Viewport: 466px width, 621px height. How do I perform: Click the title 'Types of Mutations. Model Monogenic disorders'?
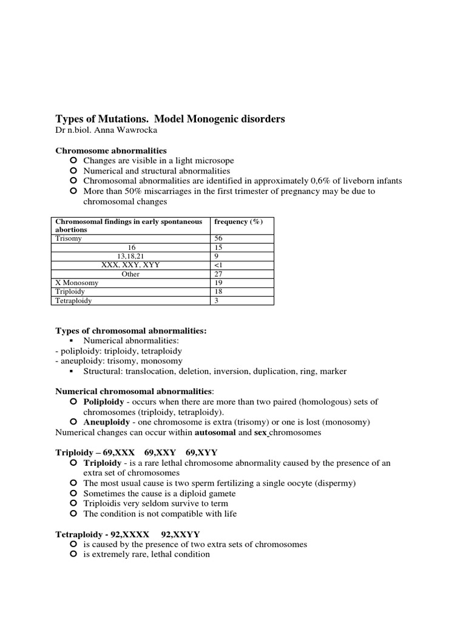point(170,119)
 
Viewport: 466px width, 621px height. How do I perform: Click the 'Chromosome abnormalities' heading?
point(111,150)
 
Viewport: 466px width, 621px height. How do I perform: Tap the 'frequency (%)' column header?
point(238,222)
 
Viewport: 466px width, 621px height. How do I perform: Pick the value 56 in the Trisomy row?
point(220,239)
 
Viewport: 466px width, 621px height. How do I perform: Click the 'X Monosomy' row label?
point(76,283)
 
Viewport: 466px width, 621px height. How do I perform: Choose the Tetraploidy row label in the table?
point(74,300)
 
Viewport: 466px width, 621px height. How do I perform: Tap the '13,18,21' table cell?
point(130,257)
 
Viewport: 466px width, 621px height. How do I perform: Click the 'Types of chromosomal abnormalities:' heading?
point(131,331)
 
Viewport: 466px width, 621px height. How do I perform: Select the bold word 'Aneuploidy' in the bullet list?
point(107,422)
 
